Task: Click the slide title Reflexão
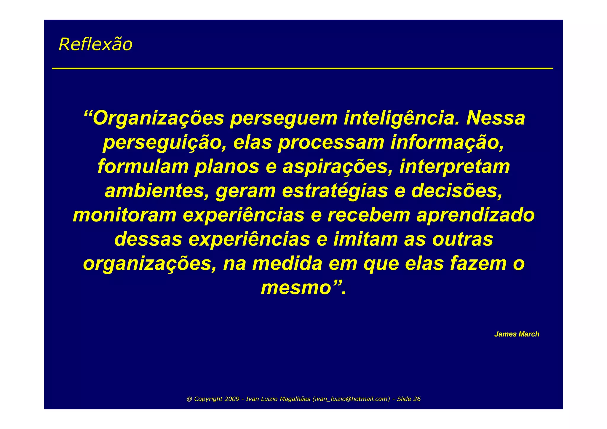[x=95, y=44]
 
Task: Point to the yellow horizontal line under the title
[x=302, y=68]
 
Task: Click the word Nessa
[x=496, y=118]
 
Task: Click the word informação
[x=447, y=143]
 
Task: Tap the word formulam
[x=143, y=167]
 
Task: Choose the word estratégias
[x=335, y=191]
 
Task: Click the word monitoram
[x=124, y=215]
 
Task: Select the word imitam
[x=365, y=240]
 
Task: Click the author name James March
[x=517, y=334]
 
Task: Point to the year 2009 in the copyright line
[x=232, y=399]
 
